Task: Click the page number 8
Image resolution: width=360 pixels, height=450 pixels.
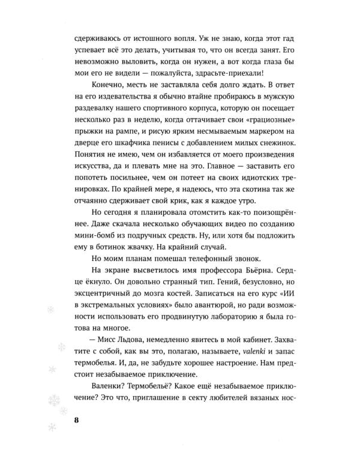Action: pos(76,419)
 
